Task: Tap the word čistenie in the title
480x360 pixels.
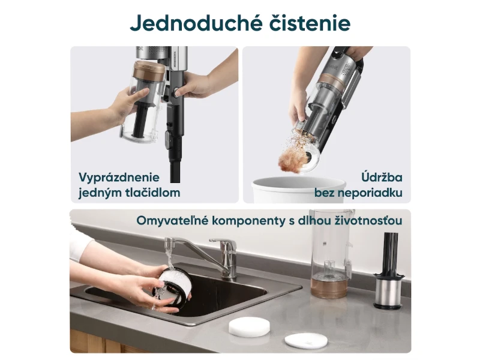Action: (310, 23)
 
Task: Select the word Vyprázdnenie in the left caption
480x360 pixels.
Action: (119, 178)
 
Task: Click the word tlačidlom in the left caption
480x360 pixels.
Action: (152, 193)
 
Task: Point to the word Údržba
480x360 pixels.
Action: (382, 177)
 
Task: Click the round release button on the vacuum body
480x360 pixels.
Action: (177, 92)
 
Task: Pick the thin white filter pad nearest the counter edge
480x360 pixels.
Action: (302, 340)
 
